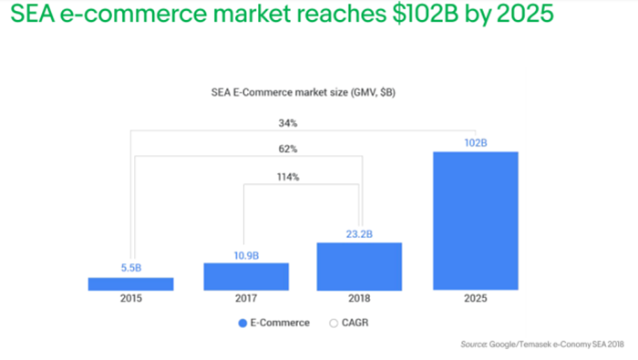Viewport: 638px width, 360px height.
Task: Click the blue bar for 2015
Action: (130, 284)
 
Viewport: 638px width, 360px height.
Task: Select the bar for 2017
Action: (246, 277)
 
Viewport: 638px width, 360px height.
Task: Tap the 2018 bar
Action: (359, 266)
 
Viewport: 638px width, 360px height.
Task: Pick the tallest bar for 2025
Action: (476, 221)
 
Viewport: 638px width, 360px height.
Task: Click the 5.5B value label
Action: (131, 268)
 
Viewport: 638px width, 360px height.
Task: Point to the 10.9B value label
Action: (246, 255)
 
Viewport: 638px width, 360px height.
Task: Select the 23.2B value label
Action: (359, 234)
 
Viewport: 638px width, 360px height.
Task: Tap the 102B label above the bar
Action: (476, 143)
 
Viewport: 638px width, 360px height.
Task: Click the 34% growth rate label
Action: (288, 123)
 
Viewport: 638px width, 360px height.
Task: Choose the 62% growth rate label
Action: (288, 149)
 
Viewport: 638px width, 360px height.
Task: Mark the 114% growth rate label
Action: (288, 177)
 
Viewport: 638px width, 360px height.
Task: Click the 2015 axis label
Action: (131, 298)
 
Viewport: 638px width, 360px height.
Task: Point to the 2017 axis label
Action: (246, 298)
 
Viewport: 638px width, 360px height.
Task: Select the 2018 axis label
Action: (359, 298)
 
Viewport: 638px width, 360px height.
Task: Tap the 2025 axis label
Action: (476, 298)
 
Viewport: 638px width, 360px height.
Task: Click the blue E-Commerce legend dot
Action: (242, 323)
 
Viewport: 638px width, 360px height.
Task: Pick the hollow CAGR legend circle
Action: (334, 323)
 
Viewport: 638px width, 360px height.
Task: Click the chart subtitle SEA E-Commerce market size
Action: (280, 92)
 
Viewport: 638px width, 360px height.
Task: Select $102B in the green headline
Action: (426, 13)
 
